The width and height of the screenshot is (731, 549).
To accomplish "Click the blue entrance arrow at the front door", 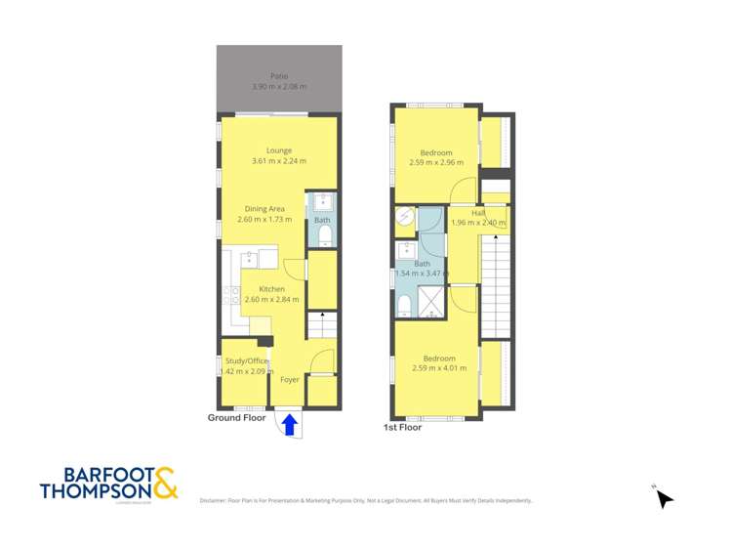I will pos(289,425).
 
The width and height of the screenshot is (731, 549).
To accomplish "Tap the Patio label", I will pos(279,76).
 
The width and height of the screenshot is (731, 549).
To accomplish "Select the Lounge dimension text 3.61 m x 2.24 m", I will pos(279,161).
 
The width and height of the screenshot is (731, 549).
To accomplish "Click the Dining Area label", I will pos(264,209).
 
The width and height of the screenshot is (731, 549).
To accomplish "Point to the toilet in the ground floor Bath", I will pos(323,234).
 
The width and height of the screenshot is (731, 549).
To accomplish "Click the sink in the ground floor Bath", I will pos(323,202).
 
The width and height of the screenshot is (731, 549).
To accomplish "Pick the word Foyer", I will pos(290,379).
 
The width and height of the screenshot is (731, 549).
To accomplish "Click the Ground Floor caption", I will pos(236,417).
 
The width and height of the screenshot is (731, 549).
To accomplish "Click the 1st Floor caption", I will pos(402,427).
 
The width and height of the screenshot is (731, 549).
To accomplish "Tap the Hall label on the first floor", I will pos(478,212).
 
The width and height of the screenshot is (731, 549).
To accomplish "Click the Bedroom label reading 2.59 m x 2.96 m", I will pos(436,152).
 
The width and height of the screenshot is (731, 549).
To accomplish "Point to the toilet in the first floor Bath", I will pos(403,307).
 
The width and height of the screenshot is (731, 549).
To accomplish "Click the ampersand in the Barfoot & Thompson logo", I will pos(165,484).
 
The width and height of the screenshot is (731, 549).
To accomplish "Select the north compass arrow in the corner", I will pos(664,498).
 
